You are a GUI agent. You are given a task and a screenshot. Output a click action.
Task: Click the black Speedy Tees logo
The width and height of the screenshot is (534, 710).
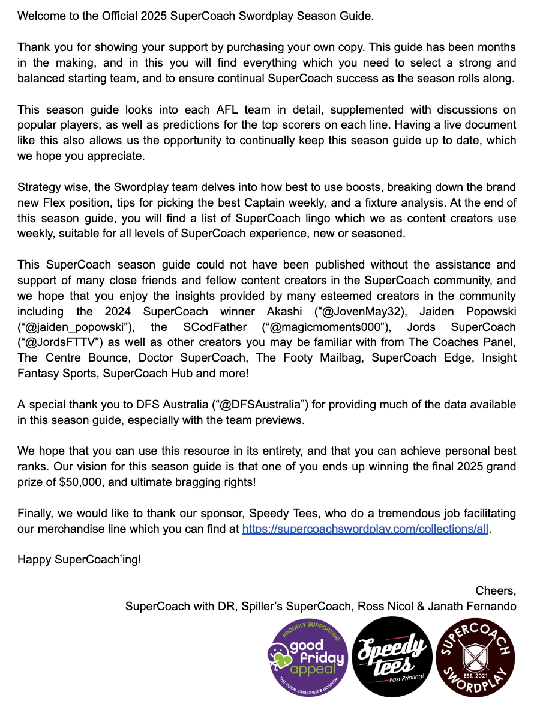point(392,657)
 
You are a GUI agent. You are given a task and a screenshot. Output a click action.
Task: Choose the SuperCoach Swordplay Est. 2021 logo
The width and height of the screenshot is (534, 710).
point(475,657)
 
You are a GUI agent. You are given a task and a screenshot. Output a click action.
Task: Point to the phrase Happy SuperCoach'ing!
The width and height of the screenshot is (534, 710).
point(79,560)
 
